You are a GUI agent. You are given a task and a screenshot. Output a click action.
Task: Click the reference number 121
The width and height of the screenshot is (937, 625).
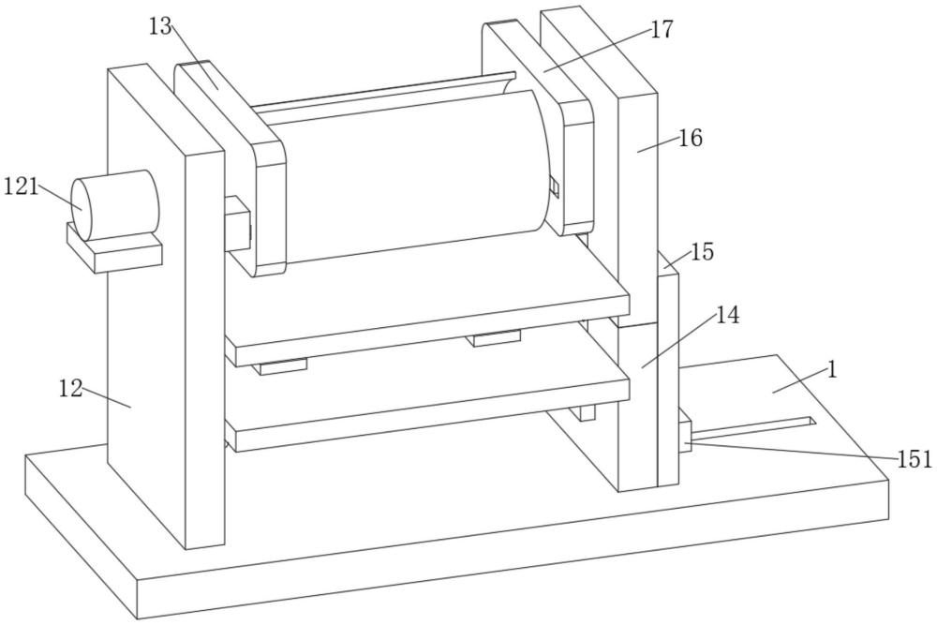[21, 186]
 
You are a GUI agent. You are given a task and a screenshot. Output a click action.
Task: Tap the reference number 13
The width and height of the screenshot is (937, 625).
[161, 27]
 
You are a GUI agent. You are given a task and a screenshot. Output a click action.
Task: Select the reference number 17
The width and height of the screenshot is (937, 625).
[662, 30]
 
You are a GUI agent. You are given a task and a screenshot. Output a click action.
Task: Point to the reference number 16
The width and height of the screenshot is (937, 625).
[690, 139]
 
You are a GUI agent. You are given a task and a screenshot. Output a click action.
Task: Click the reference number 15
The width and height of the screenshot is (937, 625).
[702, 252]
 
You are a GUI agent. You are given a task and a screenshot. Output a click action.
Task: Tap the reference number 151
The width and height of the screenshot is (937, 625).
[915, 458]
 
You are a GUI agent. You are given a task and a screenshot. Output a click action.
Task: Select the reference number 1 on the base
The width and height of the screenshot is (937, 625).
[831, 369]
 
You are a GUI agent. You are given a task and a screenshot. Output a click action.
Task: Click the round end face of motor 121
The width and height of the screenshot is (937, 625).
[91, 206]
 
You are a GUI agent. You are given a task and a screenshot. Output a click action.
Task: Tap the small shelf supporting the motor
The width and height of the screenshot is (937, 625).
[112, 252]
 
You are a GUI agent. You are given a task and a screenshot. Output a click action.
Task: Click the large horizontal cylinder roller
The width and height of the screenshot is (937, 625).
[412, 178]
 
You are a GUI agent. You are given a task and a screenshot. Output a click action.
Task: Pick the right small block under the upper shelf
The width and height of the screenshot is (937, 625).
[497, 337]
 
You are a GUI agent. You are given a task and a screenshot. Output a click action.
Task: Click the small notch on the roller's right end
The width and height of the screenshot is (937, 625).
[553, 187]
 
